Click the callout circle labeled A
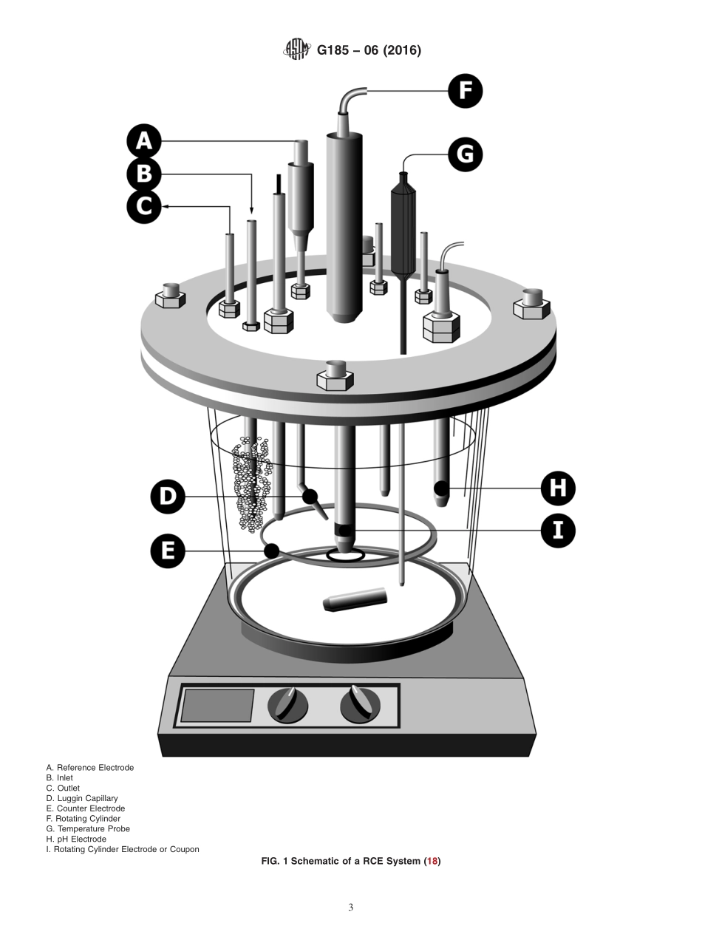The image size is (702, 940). pos(144,141)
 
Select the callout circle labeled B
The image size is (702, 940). pos(144,174)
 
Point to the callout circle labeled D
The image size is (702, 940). pos(168,497)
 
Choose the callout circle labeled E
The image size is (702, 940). pos(168,551)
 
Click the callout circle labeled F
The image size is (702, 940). pos(466,91)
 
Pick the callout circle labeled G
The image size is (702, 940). pos(466,154)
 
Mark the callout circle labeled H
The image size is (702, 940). pos(558,488)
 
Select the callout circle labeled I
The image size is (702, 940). pos(558,531)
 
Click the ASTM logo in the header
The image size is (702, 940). pos(297,50)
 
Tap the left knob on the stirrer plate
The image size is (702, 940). pos(287,705)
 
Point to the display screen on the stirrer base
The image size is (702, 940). pos(217,706)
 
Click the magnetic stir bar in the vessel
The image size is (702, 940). pos(355,599)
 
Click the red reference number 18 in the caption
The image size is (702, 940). pos(432,861)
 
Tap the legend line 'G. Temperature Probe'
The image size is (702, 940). pos(88,829)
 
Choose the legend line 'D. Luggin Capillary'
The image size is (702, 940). pos(82,798)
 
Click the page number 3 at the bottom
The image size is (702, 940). pos(351,907)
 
